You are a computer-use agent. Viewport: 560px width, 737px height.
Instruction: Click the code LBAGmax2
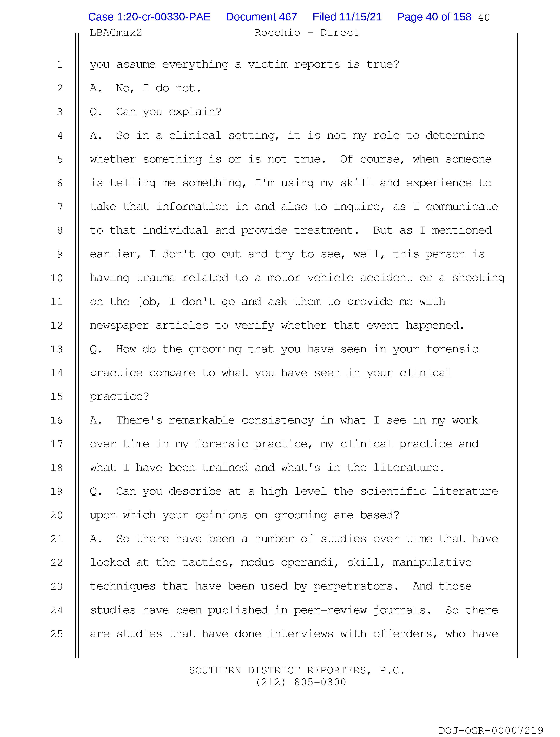pos(116,33)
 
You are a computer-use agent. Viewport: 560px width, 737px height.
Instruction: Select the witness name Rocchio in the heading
pos(277,33)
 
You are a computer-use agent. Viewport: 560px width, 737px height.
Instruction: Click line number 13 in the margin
pos(57,349)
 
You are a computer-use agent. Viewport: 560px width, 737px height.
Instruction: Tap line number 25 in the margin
pos(57,634)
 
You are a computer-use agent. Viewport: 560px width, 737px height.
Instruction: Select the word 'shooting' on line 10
pos(478,278)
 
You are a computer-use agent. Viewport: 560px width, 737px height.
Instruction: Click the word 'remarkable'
pos(202,420)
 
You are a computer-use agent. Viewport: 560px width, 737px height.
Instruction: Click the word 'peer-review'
pos(330,610)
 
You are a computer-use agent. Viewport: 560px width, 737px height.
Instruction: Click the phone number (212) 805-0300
pos(301,682)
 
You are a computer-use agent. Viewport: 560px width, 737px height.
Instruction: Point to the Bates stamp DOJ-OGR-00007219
pos(491,730)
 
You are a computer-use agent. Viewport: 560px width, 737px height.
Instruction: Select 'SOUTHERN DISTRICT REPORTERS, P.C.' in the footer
pos(297,670)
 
